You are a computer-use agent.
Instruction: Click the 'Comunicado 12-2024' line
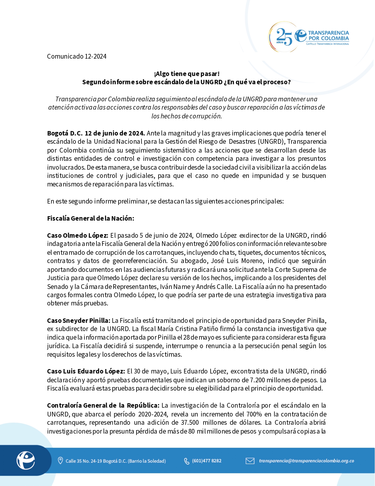(x=77, y=56)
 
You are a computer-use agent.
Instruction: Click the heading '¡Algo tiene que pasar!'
(x=187, y=74)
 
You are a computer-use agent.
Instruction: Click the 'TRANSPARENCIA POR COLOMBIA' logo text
(x=328, y=36)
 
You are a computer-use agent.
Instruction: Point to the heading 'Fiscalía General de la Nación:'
(x=91, y=218)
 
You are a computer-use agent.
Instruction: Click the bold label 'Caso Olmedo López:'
(x=78, y=235)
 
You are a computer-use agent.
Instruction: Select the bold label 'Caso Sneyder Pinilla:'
(x=79, y=320)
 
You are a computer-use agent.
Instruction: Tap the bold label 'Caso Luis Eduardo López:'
(x=86, y=371)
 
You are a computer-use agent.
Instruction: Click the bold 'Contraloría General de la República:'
(x=103, y=405)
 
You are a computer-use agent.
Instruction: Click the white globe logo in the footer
(x=26, y=460)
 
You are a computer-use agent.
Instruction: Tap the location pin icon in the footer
(x=60, y=460)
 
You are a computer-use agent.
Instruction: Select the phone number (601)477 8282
(x=206, y=461)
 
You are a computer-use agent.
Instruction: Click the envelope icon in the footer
(x=250, y=460)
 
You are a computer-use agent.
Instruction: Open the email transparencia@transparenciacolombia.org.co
(x=306, y=461)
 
